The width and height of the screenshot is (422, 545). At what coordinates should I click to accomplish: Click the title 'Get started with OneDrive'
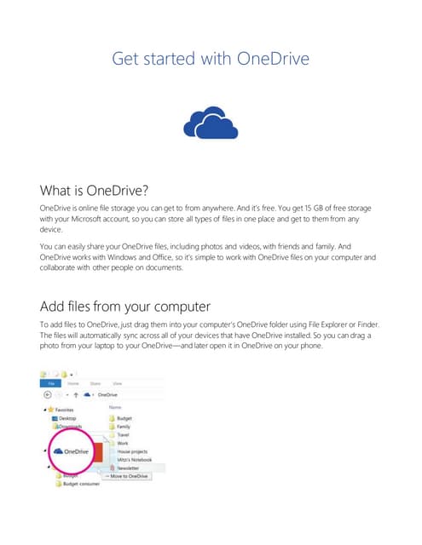click(210, 59)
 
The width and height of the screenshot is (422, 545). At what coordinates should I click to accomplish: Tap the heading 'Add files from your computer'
click(125, 306)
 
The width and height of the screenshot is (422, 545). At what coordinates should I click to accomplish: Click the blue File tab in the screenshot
click(51, 384)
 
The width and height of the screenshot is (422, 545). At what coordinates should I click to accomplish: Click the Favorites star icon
click(52, 410)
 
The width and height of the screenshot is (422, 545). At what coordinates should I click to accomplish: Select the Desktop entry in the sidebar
click(67, 419)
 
